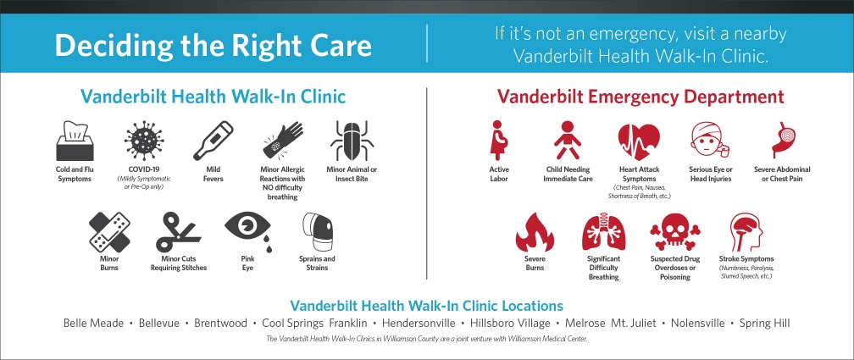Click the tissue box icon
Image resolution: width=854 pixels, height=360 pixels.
[x=75, y=141]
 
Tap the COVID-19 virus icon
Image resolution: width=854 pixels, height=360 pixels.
[x=144, y=141]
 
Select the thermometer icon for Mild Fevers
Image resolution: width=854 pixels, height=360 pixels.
[x=213, y=141]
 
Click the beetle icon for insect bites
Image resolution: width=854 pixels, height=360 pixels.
[x=352, y=141]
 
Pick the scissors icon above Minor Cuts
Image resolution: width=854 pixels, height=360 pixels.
[x=178, y=232]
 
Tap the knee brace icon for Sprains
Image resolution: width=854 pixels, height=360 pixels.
[x=317, y=232]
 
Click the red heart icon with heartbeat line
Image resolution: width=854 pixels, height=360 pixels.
[x=639, y=141]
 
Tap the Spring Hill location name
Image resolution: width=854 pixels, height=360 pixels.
[x=764, y=323]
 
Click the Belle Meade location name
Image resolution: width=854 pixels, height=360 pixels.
[x=94, y=323]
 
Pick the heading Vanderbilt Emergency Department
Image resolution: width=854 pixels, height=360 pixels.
[x=640, y=98]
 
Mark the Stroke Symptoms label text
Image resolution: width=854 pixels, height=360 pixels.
[x=746, y=258]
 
